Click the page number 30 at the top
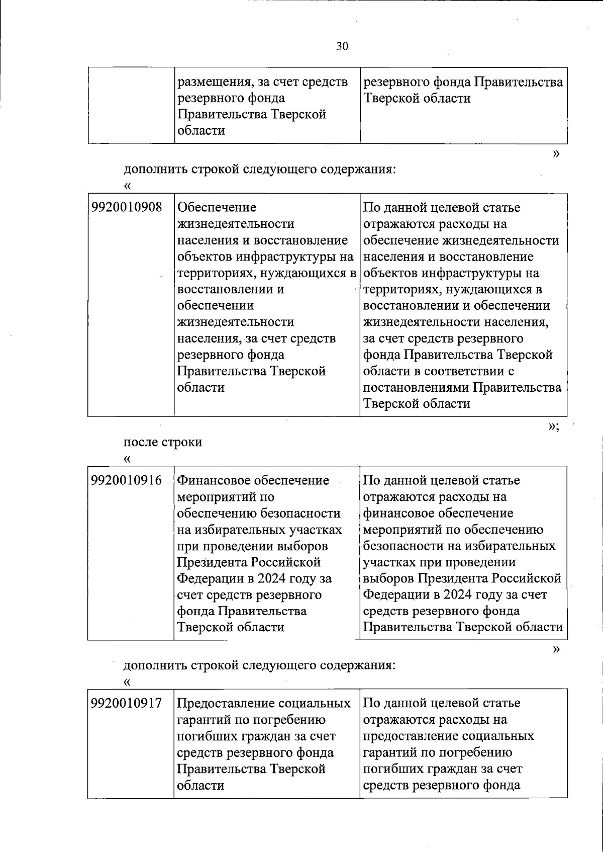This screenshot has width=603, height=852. [x=342, y=47]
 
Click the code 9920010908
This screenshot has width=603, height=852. [x=127, y=207]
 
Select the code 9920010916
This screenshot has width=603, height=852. [x=127, y=480]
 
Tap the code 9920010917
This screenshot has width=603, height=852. [x=127, y=703]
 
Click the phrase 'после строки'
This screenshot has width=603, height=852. [x=163, y=442]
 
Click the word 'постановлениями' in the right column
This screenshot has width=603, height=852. [x=416, y=388]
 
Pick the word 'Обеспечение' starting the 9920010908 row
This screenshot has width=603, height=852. [x=217, y=207]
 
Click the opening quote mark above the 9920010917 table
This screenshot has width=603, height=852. [x=127, y=682]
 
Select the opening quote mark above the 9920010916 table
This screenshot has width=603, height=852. [x=127, y=459]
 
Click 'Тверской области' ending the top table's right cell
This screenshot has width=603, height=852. [x=417, y=98]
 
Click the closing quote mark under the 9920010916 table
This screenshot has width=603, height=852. [x=556, y=649]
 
